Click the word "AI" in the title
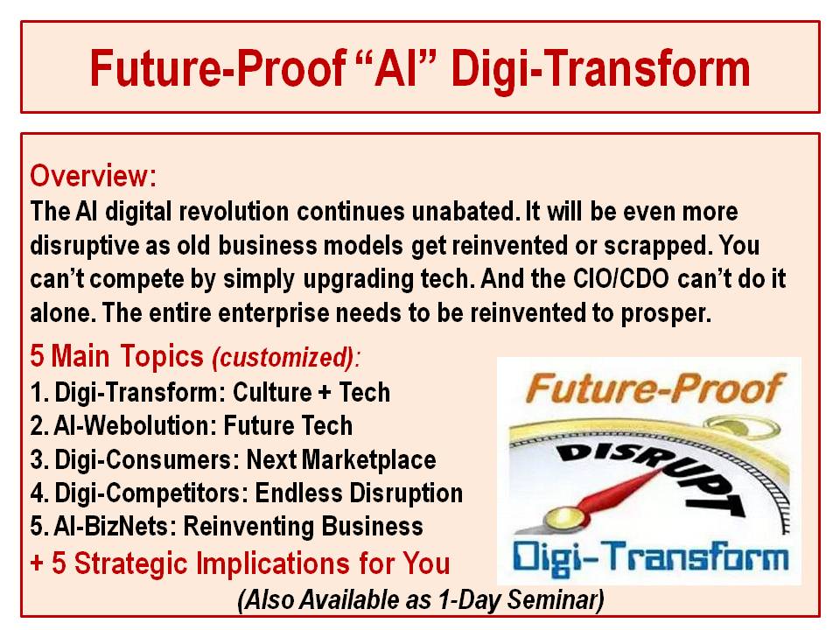coord(397,68)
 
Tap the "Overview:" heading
coord(94,176)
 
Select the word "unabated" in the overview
coord(462,211)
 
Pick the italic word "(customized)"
coord(283,357)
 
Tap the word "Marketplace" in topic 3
coord(368,460)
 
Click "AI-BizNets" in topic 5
coord(111,527)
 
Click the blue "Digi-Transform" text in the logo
coord(650,557)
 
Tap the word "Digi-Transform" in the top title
coord(600,69)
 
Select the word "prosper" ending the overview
coord(667,314)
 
